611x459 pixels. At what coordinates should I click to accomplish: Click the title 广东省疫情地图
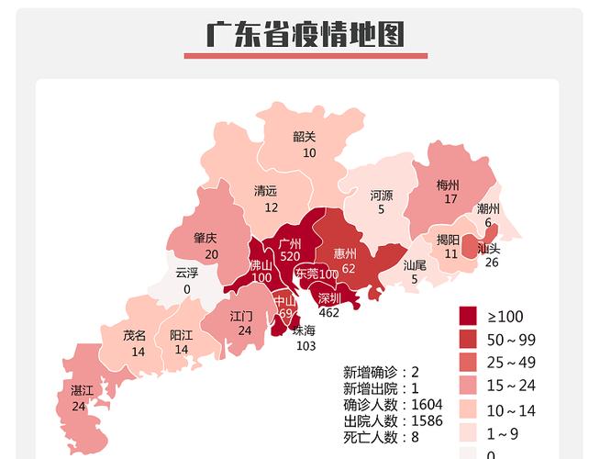coord(305,35)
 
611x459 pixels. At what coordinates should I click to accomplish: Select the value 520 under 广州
coord(290,256)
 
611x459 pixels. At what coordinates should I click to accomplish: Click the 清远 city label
coord(266,192)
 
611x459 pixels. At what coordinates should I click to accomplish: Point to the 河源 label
coord(382,196)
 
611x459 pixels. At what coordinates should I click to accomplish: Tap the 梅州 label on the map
coord(449,185)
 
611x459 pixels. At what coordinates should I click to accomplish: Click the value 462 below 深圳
coord(328,313)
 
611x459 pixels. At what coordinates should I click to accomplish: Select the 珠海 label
coord(304,330)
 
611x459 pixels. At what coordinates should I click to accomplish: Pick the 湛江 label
coord(82,391)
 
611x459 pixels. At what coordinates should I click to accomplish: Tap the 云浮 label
coord(186,274)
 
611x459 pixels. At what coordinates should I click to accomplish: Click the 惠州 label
coord(345,253)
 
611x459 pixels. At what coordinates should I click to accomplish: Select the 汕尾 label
coord(415,265)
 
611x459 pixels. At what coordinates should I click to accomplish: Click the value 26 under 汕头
coord(491,263)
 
